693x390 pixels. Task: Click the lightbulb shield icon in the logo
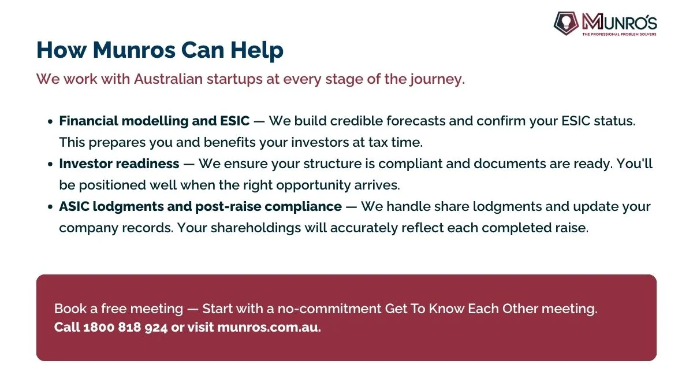click(566, 24)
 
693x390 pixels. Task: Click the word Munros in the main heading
click(134, 50)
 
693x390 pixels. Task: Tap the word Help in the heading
click(257, 51)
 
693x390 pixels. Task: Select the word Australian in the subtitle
click(168, 79)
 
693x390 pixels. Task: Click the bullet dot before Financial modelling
click(50, 122)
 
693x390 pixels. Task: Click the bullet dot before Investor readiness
click(50, 164)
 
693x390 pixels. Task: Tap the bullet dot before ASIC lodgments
click(50, 207)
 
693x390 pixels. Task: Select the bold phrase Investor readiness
click(119, 164)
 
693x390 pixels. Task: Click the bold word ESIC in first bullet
click(235, 121)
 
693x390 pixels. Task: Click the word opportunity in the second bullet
click(313, 185)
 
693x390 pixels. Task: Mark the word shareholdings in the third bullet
click(256, 228)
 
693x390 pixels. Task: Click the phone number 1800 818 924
click(125, 328)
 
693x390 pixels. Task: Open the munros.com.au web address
click(269, 328)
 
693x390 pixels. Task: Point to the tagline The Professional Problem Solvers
click(619, 34)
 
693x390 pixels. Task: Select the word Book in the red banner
click(70, 309)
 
